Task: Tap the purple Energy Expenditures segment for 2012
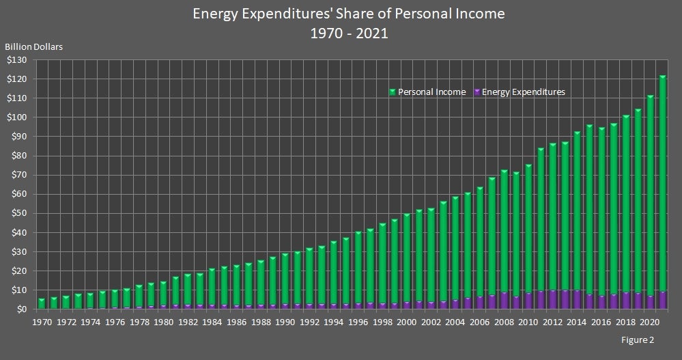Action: click(553, 300)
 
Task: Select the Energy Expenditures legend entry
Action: click(523, 92)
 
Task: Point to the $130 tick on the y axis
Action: click(18, 60)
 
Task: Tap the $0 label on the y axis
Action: click(23, 309)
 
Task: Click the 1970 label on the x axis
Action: click(42, 322)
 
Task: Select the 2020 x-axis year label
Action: click(649, 322)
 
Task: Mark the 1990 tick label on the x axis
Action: click(285, 322)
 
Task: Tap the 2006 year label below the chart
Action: click(479, 322)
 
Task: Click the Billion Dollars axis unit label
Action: click(34, 47)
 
